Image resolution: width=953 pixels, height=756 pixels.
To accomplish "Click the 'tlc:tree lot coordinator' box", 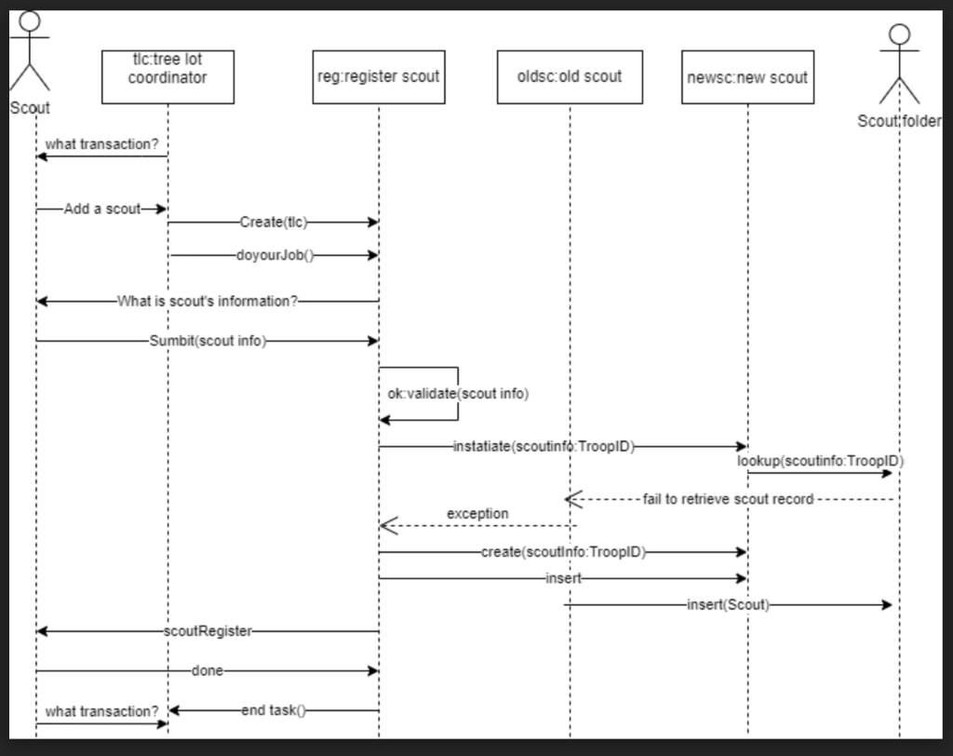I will pos(168,76).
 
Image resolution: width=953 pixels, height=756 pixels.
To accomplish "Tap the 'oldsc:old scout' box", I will pos(570,76).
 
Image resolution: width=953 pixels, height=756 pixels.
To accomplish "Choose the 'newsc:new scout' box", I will pos(747,77).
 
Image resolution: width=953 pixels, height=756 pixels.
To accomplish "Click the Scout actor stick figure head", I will pos(31,22).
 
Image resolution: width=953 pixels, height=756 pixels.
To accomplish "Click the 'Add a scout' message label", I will pos(101,209).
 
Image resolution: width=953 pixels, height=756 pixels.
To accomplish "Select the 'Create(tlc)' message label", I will pos(273,223).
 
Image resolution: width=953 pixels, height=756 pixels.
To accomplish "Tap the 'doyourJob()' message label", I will pos(275,254).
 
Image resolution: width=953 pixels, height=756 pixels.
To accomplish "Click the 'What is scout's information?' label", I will pos(208,302).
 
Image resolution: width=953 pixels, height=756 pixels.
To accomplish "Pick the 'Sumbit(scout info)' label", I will pos(208,341).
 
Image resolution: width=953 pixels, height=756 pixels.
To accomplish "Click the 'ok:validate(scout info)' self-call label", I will pos(458,394).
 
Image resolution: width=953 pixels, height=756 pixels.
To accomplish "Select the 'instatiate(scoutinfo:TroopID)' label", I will pos(544,447).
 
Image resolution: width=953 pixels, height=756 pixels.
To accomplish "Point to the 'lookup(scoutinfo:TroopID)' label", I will pos(820,461).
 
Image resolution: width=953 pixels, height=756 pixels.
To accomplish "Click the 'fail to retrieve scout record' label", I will pos(728,500).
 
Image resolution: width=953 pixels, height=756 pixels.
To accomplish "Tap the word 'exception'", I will pos(477,514).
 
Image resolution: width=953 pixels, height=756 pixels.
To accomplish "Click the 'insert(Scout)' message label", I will pos(728,605).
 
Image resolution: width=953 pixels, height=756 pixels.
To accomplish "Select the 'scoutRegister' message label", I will pos(208,631).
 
